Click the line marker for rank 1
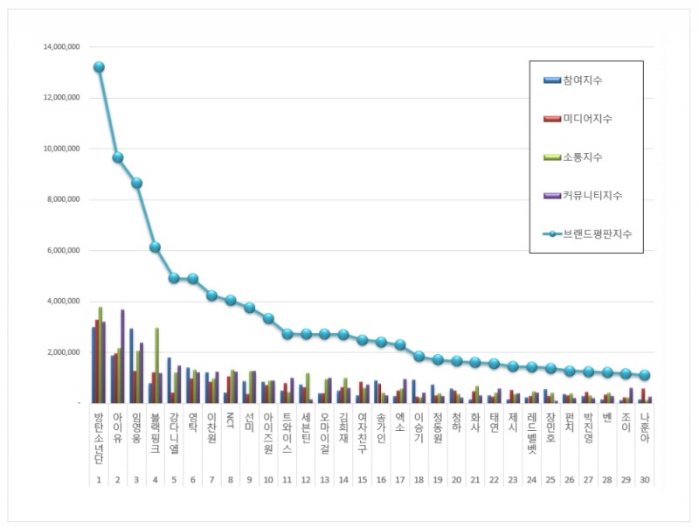(x=99, y=67)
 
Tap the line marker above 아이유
(x=118, y=157)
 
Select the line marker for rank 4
(x=156, y=247)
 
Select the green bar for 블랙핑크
(x=156, y=365)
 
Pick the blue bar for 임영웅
(x=132, y=365)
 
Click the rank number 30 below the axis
(x=645, y=481)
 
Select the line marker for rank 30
(x=645, y=375)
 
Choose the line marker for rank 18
(x=419, y=357)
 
